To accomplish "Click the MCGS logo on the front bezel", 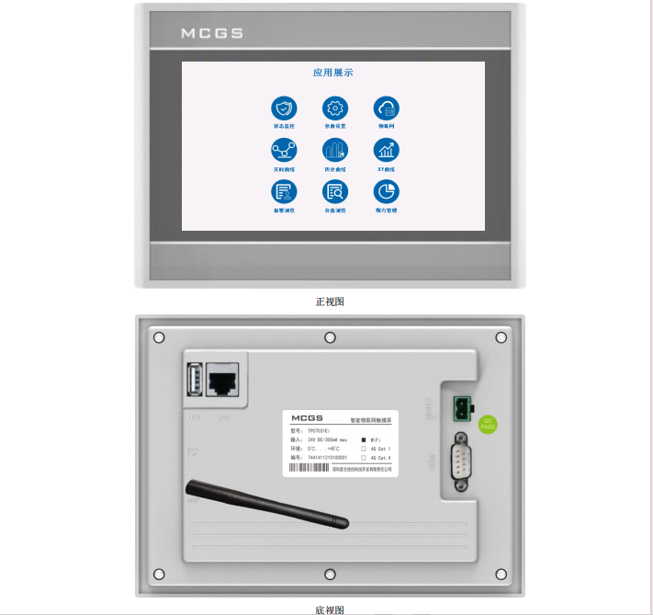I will pos(211,33).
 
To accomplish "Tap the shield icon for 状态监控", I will pos(284,107).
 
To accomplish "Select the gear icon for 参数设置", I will pos(334,107).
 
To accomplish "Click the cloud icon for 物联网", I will pos(386,107).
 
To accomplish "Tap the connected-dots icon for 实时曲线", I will pos(284,150).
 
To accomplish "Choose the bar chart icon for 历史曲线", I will pos(334,150).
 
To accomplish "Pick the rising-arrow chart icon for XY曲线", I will pos(386,150).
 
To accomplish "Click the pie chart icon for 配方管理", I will pos(386,191).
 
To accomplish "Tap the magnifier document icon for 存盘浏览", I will pos(334,191).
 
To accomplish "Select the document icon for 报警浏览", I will pos(284,191).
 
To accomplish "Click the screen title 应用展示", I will pos(332,73).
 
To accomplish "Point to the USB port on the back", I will pos(194,380).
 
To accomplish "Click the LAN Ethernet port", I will pos(222,380).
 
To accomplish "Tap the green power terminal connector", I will pos(462,405).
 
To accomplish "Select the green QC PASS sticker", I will pos(489,424).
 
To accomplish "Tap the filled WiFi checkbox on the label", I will pos(364,440).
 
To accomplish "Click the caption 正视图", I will pos(330,302).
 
